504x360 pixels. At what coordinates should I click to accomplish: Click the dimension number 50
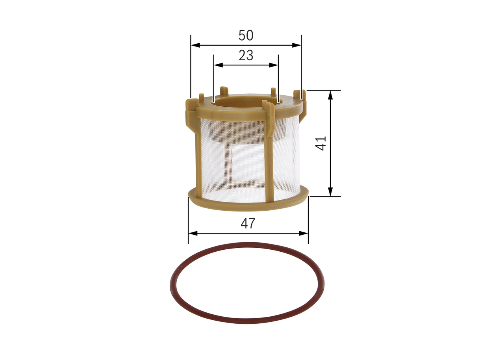point(246,35)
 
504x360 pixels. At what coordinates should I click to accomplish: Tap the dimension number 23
point(246,56)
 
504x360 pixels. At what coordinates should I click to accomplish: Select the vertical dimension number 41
point(322,143)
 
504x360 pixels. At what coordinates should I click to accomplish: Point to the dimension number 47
point(248,223)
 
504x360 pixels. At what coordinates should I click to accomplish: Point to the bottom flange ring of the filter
point(248,205)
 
